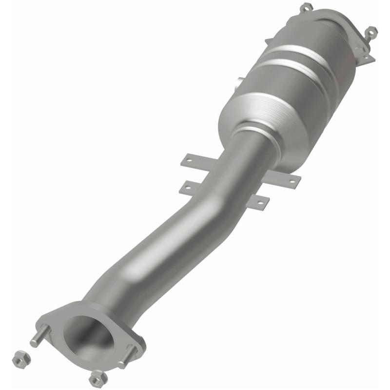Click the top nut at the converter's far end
point(306,7)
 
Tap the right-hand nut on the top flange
point(371,31)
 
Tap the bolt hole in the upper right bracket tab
point(292,181)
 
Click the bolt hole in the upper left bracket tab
point(187,159)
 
